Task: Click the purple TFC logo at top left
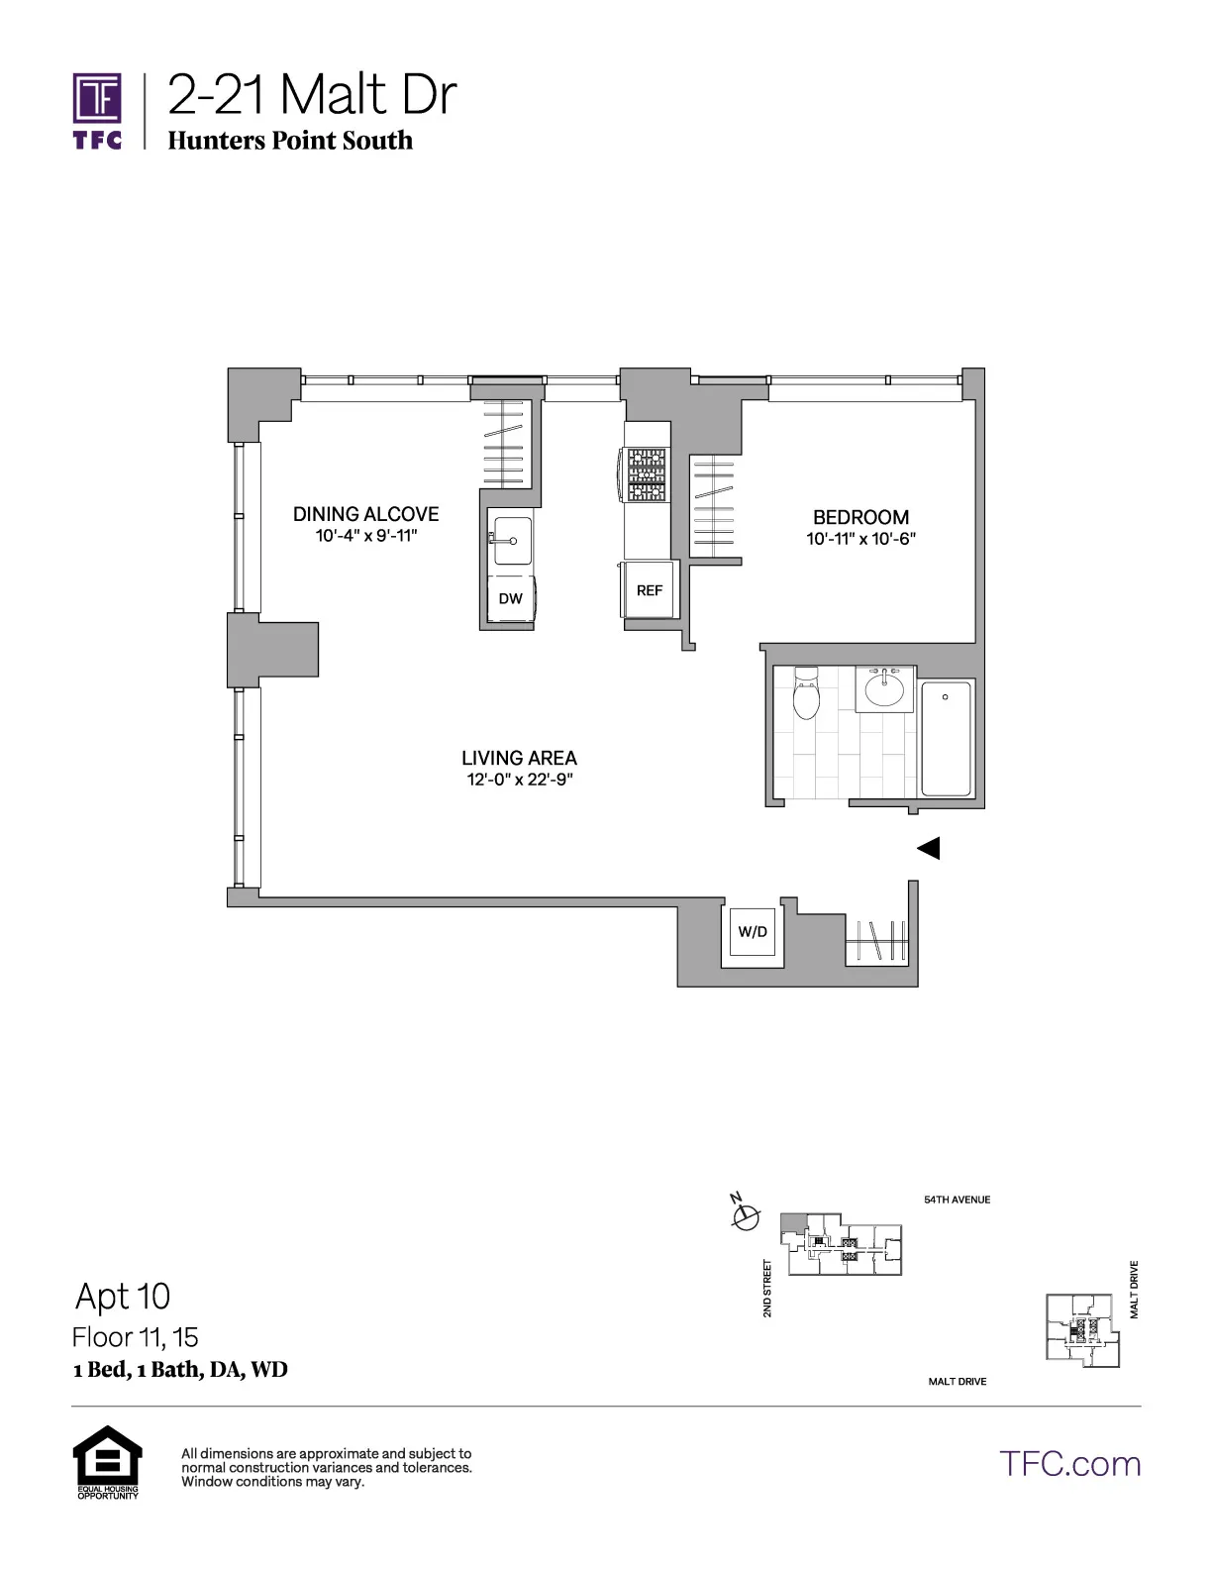pos(97,110)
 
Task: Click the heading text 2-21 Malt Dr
pos(311,95)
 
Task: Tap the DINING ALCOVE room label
pos(365,514)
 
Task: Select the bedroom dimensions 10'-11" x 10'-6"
pos(859,540)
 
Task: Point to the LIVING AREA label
pos(519,758)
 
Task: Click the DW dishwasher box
pos(511,599)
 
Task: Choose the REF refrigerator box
pos(650,590)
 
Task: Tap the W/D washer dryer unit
pos(753,932)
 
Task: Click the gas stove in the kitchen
pos(645,475)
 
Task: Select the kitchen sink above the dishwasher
pos(512,540)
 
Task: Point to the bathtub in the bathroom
pos(947,738)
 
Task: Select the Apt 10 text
pos(123,1296)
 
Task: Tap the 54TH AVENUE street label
pos(957,1200)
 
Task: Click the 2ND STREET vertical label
pos(767,1288)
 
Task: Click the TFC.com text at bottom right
pos(1069,1464)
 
